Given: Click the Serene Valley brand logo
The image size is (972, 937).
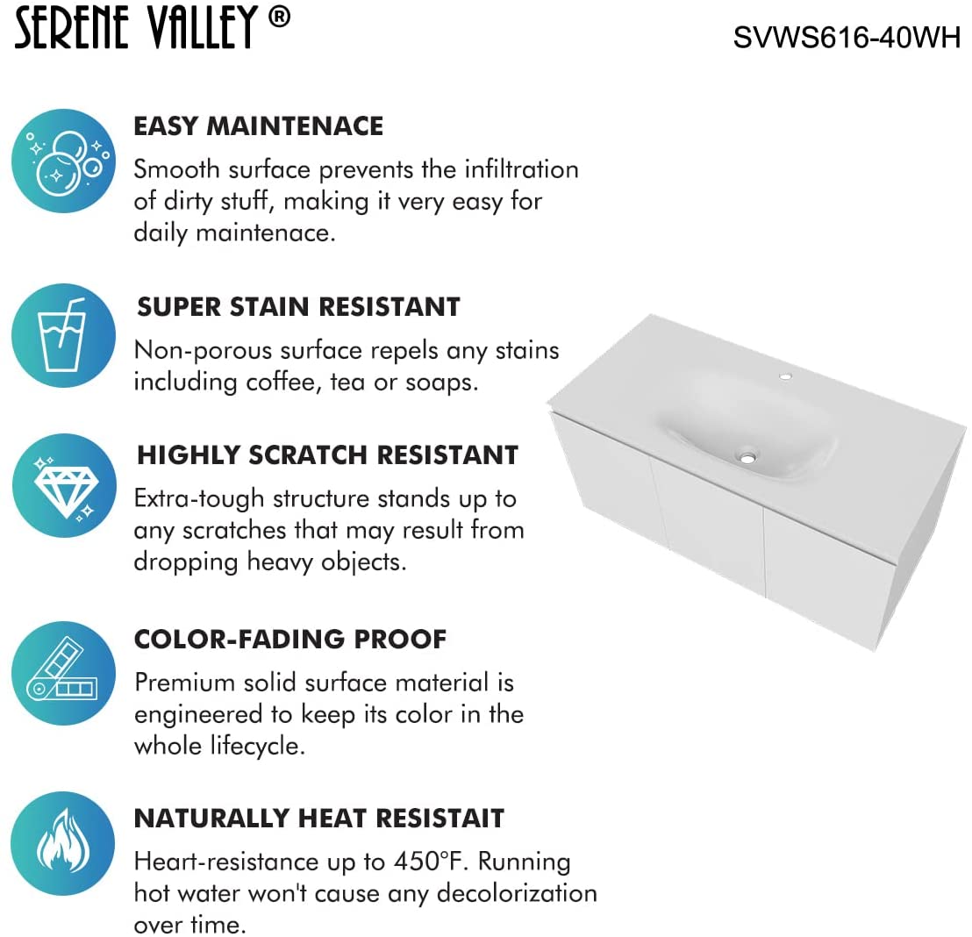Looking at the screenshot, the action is click(x=153, y=27).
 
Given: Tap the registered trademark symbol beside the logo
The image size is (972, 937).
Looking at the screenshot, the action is click(x=279, y=17).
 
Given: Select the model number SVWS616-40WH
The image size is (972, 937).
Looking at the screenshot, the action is click(x=847, y=37).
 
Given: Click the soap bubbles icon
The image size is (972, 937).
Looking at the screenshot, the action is click(x=64, y=161).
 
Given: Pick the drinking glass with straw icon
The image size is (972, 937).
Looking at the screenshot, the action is click(x=64, y=335).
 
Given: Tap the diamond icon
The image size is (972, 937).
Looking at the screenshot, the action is click(x=64, y=485).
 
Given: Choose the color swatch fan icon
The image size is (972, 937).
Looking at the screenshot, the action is click(x=64, y=674).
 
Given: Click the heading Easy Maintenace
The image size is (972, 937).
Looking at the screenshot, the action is click(x=259, y=125).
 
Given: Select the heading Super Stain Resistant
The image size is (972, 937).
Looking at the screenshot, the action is click(x=299, y=306).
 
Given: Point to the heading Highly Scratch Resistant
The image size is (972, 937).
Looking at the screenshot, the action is click(x=327, y=454).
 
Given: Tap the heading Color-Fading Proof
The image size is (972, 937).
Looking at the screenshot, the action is click(x=290, y=639).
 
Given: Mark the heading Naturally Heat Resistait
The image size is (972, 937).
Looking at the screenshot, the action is click(x=319, y=818).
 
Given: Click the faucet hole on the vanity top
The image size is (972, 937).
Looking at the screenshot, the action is click(x=785, y=376).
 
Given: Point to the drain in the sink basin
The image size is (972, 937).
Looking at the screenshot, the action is click(x=747, y=458).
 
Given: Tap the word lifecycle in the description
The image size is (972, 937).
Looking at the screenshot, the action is click(x=257, y=746).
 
